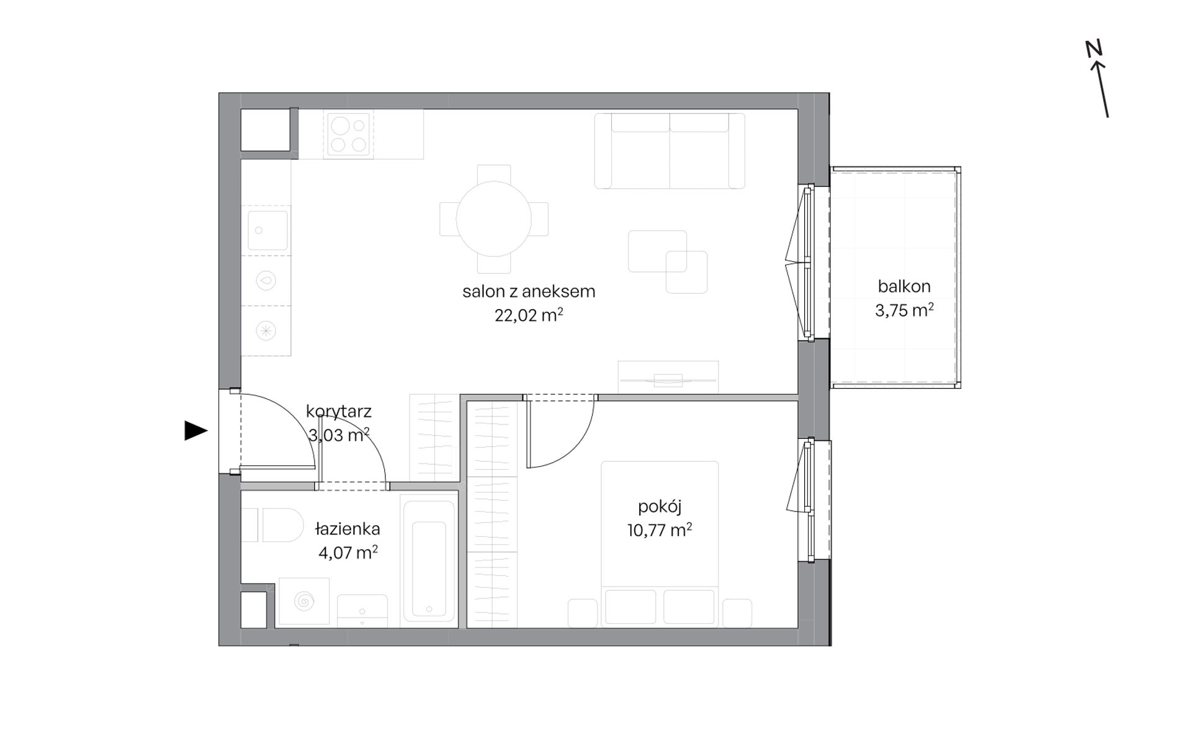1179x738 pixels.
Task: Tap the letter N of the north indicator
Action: coord(1093,49)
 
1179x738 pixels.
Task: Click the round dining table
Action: coord(494,218)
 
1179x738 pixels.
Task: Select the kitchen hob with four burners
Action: coord(347,135)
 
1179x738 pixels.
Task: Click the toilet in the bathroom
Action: coord(273,525)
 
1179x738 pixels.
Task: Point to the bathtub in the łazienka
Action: coord(429,560)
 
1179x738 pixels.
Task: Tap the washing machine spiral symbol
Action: coord(304,601)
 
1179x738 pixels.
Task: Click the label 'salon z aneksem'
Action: coord(529,291)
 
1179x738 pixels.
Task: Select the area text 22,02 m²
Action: coord(529,315)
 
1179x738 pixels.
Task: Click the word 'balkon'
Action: coord(904,286)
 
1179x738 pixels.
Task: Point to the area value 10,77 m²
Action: coord(660,530)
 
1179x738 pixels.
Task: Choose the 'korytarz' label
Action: coord(339,411)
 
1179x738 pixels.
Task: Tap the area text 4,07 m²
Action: coord(348,552)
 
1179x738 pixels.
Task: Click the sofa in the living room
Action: coord(670,151)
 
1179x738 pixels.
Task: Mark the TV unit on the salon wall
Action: coord(668,377)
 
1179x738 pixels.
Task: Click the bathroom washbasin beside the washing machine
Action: coord(362,611)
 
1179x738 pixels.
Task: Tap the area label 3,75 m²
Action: coord(904,310)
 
